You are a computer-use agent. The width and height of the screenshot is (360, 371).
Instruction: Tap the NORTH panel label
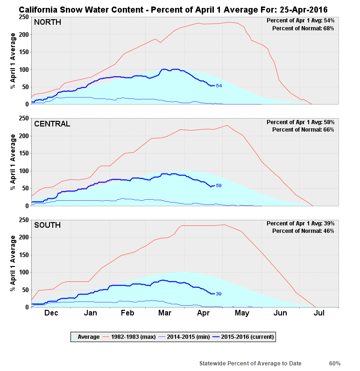(x=47, y=22)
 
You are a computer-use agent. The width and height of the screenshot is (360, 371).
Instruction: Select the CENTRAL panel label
(x=52, y=124)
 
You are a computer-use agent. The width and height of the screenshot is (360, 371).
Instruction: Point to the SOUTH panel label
(x=47, y=225)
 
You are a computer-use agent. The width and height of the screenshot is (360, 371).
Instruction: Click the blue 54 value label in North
(x=219, y=86)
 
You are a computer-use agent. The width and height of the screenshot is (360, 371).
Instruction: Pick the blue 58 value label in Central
(x=219, y=186)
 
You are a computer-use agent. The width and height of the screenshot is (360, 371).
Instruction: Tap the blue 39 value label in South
(x=219, y=294)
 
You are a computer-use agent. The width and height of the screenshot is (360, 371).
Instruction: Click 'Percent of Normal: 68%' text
(x=303, y=28)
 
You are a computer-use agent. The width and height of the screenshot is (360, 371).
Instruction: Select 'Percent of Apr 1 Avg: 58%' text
(x=300, y=122)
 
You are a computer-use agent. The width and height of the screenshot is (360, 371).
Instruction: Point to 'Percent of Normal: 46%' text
(x=303, y=231)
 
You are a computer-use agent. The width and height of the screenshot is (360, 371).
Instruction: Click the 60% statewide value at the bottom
(x=334, y=364)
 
